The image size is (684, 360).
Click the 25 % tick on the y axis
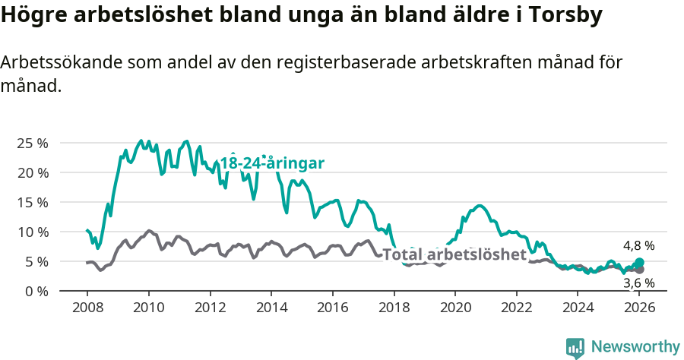click(x=32, y=143)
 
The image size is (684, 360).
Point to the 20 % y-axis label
click(x=32, y=172)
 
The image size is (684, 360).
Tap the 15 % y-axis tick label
click(x=32, y=202)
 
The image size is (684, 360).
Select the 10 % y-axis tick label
click(x=32, y=232)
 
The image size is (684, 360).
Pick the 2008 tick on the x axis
click(x=87, y=308)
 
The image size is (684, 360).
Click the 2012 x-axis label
click(x=210, y=308)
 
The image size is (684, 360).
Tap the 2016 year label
click(x=333, y=308)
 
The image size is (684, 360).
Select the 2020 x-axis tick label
click(x=455, y=308)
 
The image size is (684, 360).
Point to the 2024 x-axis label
click(x=578, y=308)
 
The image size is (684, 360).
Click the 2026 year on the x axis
click(x=640, y=308)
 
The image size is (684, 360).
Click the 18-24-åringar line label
click(x=273, y=163)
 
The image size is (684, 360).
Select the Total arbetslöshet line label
click(x=454, y=254)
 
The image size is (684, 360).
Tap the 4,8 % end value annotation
click(x=638, y=246)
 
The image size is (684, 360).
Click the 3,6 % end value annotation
click(x=638, y=283)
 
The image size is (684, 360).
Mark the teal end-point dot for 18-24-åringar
click(x=639, y=263)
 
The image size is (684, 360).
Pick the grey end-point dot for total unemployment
click(x=639, y=270)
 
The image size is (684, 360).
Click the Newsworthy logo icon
click(x=575, y=347)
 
